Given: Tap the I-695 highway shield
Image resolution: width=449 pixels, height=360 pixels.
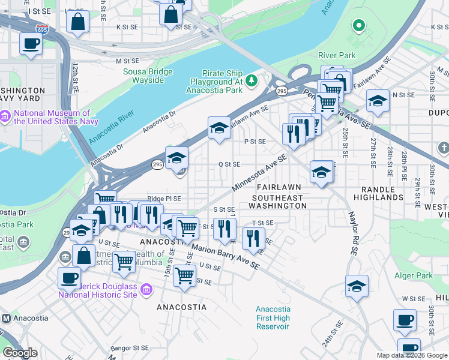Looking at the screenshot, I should coord(42,28).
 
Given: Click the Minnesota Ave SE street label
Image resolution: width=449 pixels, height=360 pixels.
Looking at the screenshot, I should coord(259,170).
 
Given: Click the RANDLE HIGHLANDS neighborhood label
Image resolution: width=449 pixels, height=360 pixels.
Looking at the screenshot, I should coord(378,193).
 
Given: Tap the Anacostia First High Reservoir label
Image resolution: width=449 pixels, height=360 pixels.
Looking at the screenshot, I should coord(273,318).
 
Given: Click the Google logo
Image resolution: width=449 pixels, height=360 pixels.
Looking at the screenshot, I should coord(20,352).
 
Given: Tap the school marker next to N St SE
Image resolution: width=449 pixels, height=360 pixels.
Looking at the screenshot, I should coord(378,101).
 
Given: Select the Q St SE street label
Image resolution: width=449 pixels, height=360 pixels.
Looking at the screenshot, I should coord(229,164).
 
